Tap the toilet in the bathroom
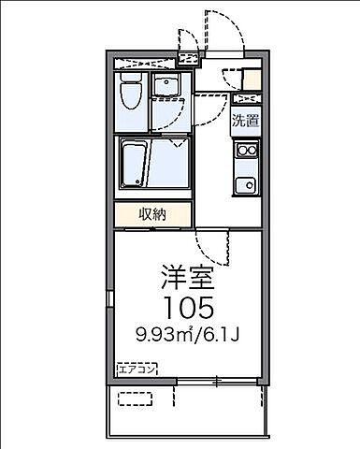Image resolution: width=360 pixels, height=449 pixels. pos(133,94)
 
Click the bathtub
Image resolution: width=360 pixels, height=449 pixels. pos(133,164)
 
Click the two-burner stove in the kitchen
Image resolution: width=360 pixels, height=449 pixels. pos(246,150)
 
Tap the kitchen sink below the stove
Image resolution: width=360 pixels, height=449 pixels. pos(246,183)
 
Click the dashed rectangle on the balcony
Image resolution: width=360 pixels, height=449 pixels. pos(135,398)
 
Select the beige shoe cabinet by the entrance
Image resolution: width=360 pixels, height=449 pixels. pos(251,79)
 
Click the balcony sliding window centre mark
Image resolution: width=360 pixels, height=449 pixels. pos(215,381)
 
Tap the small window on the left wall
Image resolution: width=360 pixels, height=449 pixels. pos(112,304)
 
